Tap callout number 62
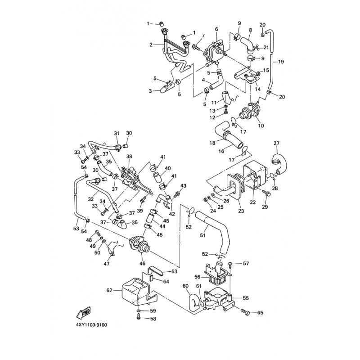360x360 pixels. click(x=109, y=290)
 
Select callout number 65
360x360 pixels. click(x=260, y=312)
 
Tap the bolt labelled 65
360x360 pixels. click(x=245, y=311)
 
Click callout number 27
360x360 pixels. click(x=276, y=144)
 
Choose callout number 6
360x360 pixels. click(x=216, y=29)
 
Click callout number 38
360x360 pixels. click(x=129, y=157)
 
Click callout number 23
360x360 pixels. click(x=242, y=210)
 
